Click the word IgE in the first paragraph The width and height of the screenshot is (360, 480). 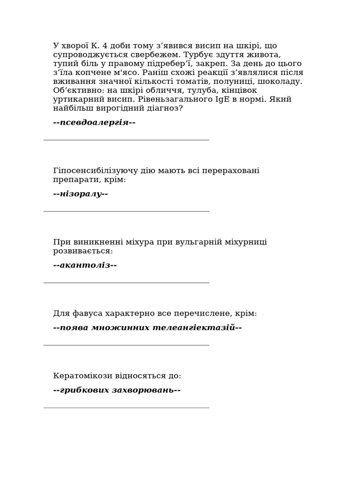tap(223, 99)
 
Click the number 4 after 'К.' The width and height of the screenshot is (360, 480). tap(104, 46)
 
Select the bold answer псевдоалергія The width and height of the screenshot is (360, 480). tap(94, 122)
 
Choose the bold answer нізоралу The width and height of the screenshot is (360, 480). tap(81, 194)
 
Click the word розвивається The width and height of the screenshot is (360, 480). tap(83, 251)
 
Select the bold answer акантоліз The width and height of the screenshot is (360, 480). tap(85, 265)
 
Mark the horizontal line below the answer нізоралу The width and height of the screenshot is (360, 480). tap(127, 211)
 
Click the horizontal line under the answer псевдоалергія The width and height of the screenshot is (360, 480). tap(127, 140)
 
